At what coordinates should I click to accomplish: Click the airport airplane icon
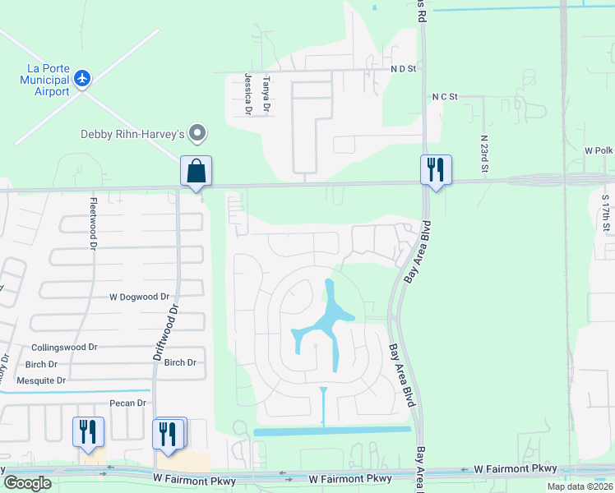coord(81,78)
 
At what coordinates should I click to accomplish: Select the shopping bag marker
coord(197,172)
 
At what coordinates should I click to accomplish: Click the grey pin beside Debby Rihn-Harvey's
coord(197,132)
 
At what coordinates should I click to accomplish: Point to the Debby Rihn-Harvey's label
coord(132,134)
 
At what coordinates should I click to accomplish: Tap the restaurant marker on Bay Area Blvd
coord(436,171)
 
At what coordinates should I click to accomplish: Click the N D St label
coord(404,71)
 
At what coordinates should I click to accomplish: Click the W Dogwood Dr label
coord(139,297)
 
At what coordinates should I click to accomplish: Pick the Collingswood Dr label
coord(64,348)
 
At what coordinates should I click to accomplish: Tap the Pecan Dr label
coord(127,403)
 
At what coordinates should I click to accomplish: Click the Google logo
coord(27,483)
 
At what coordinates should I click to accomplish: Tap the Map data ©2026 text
coord(580,486)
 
